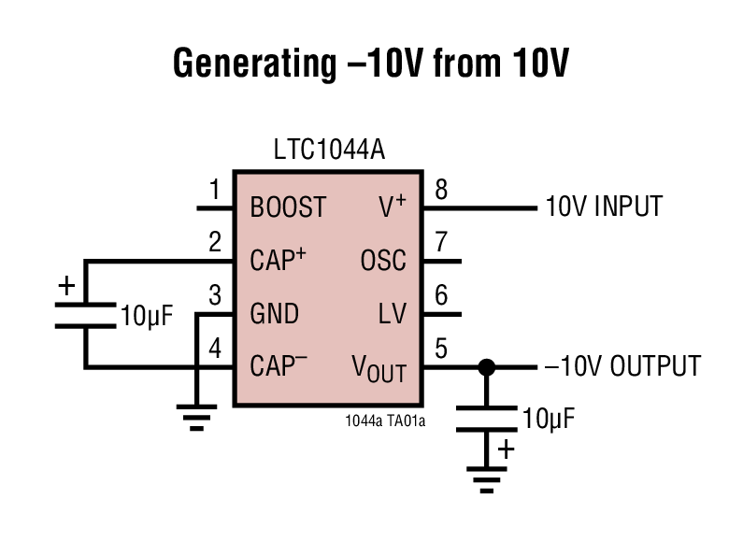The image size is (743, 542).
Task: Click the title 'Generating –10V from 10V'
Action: point(370,64)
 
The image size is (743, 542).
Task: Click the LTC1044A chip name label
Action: point(329,150)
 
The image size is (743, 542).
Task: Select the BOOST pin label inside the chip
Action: point(288,207)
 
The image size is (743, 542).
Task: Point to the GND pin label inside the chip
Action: point(275,313)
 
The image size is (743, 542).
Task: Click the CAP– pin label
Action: point(279,365)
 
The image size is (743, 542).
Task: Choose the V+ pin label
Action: point(392,207)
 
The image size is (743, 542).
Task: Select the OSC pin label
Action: point(383,260)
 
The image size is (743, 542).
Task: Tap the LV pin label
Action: point(393,313)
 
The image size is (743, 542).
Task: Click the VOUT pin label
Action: point(379,367)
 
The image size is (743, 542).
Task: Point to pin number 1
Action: point(215,191)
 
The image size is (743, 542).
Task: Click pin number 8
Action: point(441,191)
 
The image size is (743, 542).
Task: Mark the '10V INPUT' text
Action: point(604,206)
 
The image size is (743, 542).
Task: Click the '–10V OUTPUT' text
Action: point(622,365)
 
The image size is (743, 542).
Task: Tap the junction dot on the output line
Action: point(485,366)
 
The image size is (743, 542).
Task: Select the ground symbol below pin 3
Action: point(196,417)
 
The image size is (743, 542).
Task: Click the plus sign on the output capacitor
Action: point(506,449)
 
